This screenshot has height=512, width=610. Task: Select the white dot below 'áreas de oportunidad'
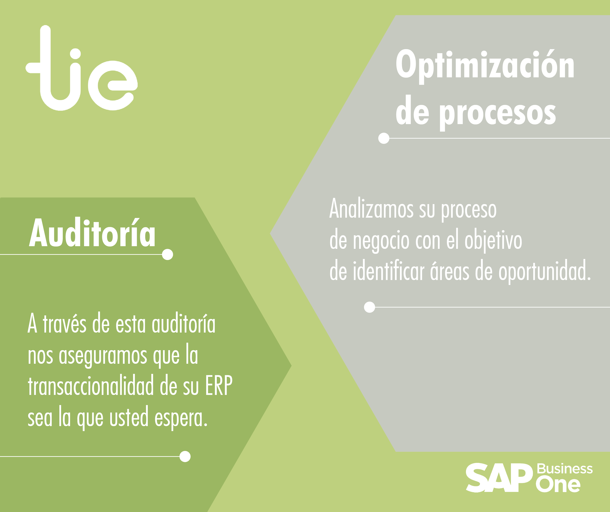[370, 307]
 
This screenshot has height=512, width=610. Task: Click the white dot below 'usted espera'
[185, 456]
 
